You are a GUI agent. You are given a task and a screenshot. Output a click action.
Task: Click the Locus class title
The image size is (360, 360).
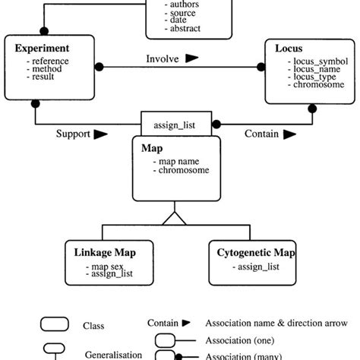pyautogui.click(x=289, y=48)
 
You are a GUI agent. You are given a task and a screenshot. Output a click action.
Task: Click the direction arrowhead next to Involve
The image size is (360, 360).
pyautogui.click(x=192, y=58)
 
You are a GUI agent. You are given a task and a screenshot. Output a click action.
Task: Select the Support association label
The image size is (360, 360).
pyautogui.click(x=74, y=134)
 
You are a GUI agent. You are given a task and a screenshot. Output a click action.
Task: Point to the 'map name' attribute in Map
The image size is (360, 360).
pyautogui.click(x=179, y=161)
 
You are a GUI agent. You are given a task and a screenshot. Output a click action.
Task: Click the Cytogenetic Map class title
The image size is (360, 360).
pyautogui.click(x=257, y=251)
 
